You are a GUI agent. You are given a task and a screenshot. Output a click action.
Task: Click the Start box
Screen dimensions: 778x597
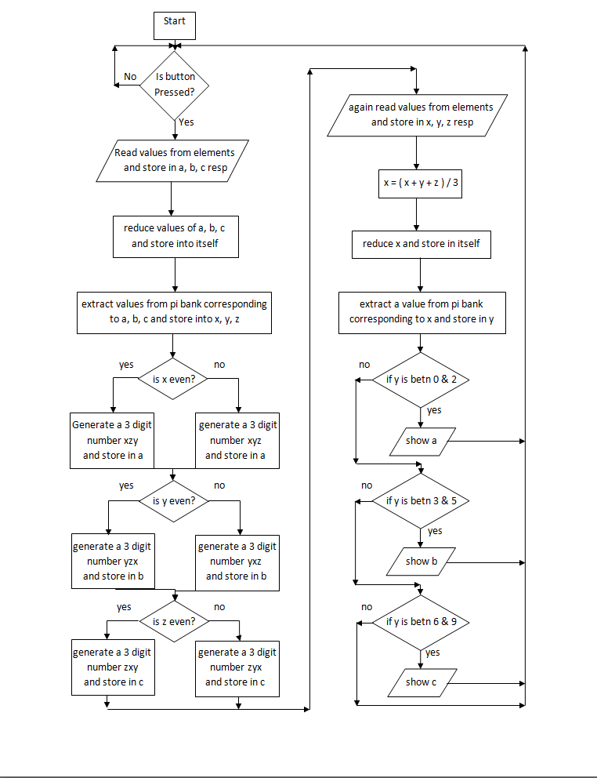click(x=174, y=25)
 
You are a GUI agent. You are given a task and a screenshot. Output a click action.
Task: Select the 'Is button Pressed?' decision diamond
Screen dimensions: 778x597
click(x=174, y=85)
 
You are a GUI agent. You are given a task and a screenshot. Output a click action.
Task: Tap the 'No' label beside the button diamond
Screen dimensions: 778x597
click(x=130, y=77)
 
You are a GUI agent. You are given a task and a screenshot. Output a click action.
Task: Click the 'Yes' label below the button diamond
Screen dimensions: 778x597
click(x=186, y=122)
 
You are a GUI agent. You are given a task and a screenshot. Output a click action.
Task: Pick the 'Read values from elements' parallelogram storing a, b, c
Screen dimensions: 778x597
click(x=175, y=160)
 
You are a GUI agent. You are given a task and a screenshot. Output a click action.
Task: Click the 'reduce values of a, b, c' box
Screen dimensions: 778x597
click(x=175, y=236)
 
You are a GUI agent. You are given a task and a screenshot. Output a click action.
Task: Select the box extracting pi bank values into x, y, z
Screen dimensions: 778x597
click(x=174, y=312)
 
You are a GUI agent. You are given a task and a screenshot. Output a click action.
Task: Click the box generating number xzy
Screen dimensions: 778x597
click(x=112, y=441)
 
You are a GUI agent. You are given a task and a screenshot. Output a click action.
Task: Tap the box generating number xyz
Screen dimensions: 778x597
click(x=237, y=441)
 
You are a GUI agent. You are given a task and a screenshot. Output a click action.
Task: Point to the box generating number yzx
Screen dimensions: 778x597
click(x=112, y=562)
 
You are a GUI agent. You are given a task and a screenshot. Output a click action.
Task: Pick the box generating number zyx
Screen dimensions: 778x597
click(x=237, y=667)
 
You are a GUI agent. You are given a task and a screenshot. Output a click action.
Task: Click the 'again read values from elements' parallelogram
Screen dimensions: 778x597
click(x=421, y=115)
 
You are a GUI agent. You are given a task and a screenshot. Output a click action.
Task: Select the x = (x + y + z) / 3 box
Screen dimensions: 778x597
click(x=421, y=183)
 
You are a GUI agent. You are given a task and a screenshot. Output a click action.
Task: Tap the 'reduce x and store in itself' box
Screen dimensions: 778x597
click(x=421, y=244)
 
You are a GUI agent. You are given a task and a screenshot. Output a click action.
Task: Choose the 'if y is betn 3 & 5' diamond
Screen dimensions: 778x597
click(x=421, y=500)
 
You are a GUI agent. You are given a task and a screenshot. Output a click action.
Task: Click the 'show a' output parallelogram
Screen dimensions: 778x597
click(x=422, y=441)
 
